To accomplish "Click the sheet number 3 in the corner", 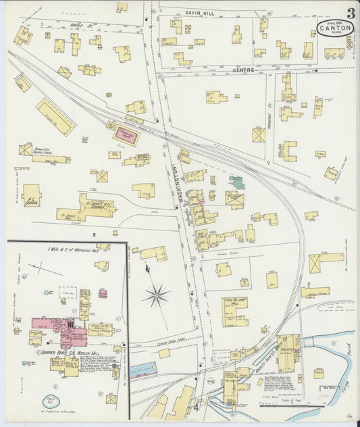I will tap(351, 13).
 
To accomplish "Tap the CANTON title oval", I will tap(334, 28).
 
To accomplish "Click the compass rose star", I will tap(157, 295).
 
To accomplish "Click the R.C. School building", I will tap(31, 195).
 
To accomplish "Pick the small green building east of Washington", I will tap(236, 182).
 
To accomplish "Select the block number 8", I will tap(95, 234).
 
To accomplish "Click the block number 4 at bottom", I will tap(197, 407).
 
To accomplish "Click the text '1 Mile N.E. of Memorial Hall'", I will tap(73, 250).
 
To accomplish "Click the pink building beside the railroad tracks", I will tap(126, 134).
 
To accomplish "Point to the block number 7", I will tap(269, 163).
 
